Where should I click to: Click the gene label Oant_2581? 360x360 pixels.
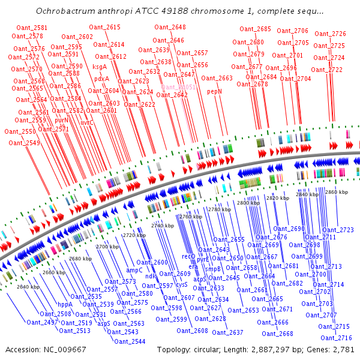tap(32, 28)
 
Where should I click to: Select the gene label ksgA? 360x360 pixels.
tap(100, 67)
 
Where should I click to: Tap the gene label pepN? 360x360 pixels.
tap(214, 92)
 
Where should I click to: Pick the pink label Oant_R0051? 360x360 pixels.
tap(179, 87)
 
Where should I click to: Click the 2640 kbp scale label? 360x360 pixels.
tap(28, 287)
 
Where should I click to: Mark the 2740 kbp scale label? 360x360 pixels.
tap(162, 225)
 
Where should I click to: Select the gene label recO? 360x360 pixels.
tap(188, 256)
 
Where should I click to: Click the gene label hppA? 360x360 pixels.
tap(65, 304)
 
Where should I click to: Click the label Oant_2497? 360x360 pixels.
tap(42, 322)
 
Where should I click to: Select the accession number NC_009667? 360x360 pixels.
tap(62, 349)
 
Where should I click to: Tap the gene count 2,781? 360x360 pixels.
tap(343, 349)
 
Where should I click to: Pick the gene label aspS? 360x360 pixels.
tap(104, 323)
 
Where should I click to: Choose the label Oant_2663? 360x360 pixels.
tap(217, 78)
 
